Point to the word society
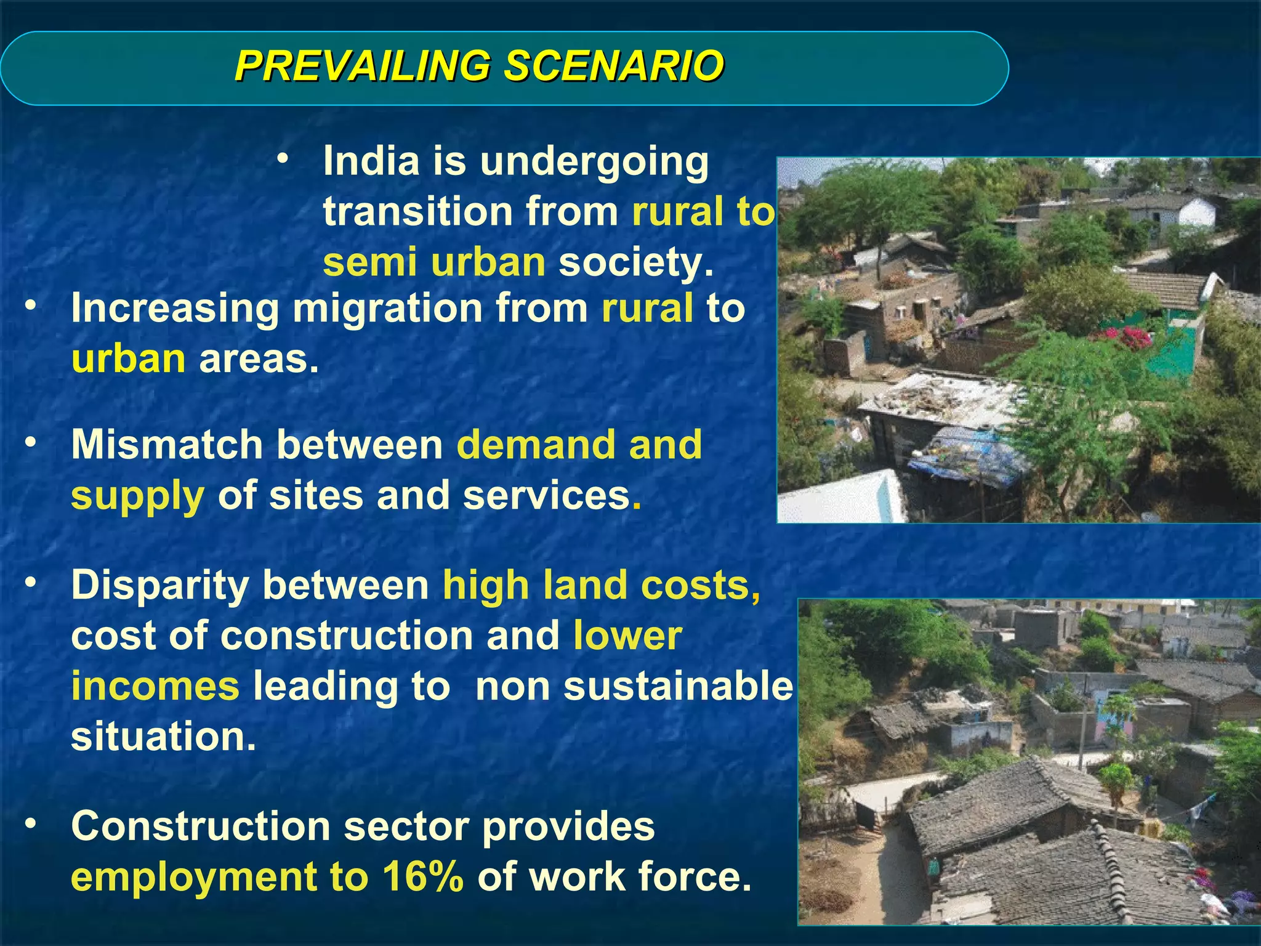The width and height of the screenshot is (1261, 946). [635, 262]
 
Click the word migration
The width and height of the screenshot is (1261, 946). [387, 309]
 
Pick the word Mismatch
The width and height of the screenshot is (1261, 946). [166, 444]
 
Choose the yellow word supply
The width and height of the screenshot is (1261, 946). [137, 496]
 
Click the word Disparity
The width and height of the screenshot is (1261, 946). [159, 586]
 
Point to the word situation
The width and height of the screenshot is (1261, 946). [163, 736]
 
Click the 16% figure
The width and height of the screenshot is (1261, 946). [422, 876]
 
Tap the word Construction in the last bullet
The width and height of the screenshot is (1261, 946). [200, 826]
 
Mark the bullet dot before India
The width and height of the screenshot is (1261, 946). [283, 160]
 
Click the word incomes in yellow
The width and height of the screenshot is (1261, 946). [155, 686]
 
